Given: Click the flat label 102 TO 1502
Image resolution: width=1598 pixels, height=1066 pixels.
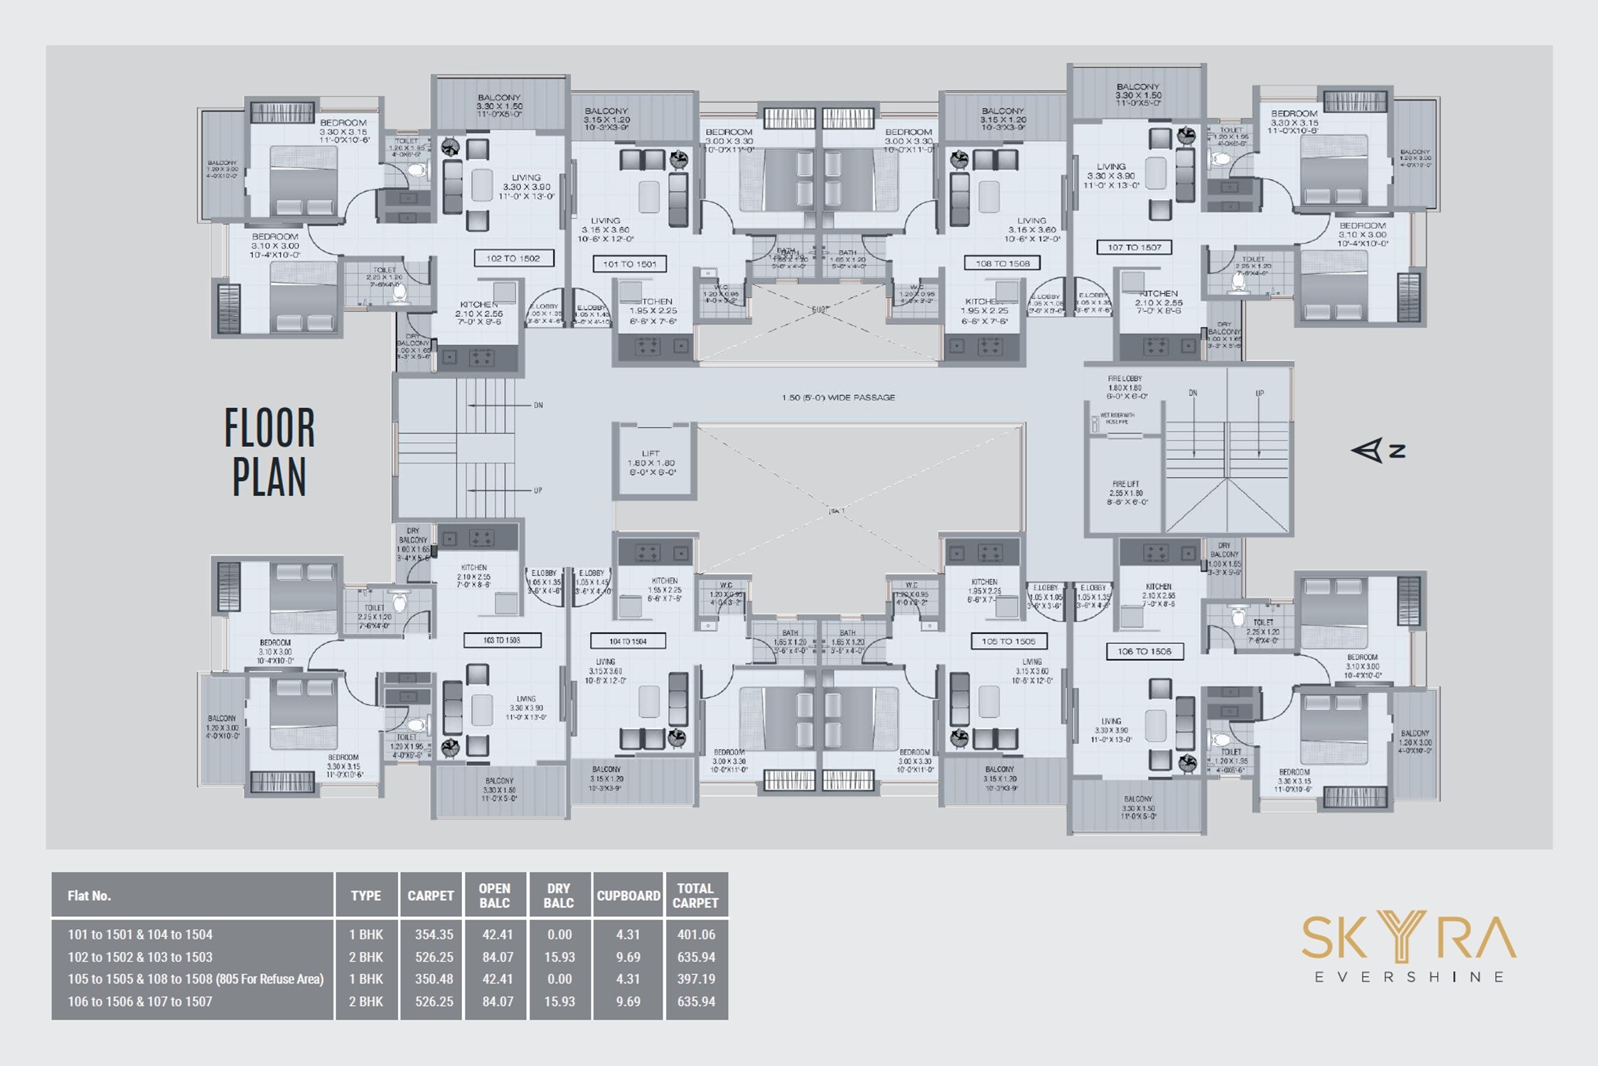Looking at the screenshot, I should point(513,259).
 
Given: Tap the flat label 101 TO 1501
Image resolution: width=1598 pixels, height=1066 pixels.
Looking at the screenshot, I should point(629,264).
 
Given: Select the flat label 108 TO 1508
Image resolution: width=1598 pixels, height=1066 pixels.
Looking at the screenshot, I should point(1002,264).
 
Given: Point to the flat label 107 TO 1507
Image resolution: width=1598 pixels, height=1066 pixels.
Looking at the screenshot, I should point(1134,247).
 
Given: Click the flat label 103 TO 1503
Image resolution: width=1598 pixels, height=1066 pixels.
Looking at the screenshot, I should point(502,640).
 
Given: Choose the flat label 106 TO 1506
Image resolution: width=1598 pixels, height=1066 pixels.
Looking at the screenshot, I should point(1144,651).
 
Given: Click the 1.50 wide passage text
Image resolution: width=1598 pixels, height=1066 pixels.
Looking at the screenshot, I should point(838,398).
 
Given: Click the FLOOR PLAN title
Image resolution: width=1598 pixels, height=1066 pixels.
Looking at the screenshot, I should point(269,452).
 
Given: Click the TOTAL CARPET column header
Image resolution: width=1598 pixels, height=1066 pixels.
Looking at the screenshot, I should point(695,895).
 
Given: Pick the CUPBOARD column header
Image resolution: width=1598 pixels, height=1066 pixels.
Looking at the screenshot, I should point(628,895).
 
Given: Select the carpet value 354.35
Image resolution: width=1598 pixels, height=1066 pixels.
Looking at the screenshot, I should point(434,935).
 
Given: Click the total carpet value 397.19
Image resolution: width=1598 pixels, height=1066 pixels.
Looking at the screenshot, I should point(696,979).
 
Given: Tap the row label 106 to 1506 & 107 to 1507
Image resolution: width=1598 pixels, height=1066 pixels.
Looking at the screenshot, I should point(140,1001).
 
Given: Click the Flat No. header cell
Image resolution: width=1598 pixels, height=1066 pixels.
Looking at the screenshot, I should point(90,895).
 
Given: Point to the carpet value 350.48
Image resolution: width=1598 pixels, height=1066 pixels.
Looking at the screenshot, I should point(434,979).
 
